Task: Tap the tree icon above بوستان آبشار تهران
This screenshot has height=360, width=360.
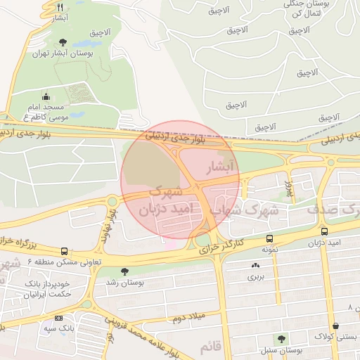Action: [x=63, y=42]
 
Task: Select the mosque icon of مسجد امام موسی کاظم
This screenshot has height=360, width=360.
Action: [x=46, y=97]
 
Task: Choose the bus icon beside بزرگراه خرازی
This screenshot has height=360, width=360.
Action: [x=65, y=251]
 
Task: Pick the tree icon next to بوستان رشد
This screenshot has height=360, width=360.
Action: [x=125, y=271]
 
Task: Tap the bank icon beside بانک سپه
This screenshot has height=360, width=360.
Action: [x=58, y=318]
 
